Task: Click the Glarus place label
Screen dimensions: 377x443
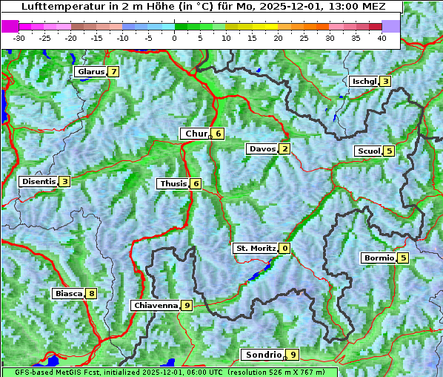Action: click(90, 72)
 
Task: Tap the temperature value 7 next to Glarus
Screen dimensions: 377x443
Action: click(113, 72)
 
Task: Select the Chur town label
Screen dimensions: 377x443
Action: click(196, 134)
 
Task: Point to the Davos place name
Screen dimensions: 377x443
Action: click(262, 148)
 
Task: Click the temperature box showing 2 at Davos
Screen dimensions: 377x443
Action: click(284, 148)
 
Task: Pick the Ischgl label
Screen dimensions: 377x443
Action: click(364, 81)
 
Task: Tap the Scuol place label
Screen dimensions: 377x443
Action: click(368, 151)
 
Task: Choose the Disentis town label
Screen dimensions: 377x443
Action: click(39, 181)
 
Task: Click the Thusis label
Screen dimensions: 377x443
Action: click(173, 183)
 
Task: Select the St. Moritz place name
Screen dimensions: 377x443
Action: click(255, 248)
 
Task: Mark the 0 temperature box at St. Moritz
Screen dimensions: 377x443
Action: click(284, 248)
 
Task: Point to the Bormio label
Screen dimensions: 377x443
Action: click(378, 258)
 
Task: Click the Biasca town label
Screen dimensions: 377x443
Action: click(68, 293)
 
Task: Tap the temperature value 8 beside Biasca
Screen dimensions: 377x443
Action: click(90, 293)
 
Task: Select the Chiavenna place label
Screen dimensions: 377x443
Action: click(155, 305)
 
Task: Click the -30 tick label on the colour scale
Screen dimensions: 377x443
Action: click(19, 37)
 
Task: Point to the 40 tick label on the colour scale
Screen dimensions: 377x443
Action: click(382, 37)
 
